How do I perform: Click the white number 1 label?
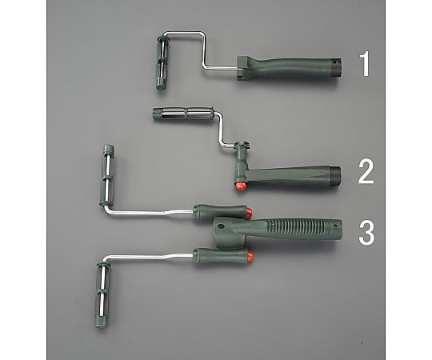(365, 65)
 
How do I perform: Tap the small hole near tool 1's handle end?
(334, 62)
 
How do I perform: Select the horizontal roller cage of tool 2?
(183, 114)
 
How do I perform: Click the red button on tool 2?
(241, 186)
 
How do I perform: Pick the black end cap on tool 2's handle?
(335, 174)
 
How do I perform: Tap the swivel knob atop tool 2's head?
(242, 144)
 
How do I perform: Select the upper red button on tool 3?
(249, 212)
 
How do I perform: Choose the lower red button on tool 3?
(250, 256)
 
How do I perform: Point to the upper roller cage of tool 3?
(108, 175)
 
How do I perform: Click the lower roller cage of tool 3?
(102, 295)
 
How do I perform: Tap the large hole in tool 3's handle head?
(221, 226)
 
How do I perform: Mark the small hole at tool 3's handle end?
(335, 226)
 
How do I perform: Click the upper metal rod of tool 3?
(149, 211)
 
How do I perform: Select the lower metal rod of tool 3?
(149, 258)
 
